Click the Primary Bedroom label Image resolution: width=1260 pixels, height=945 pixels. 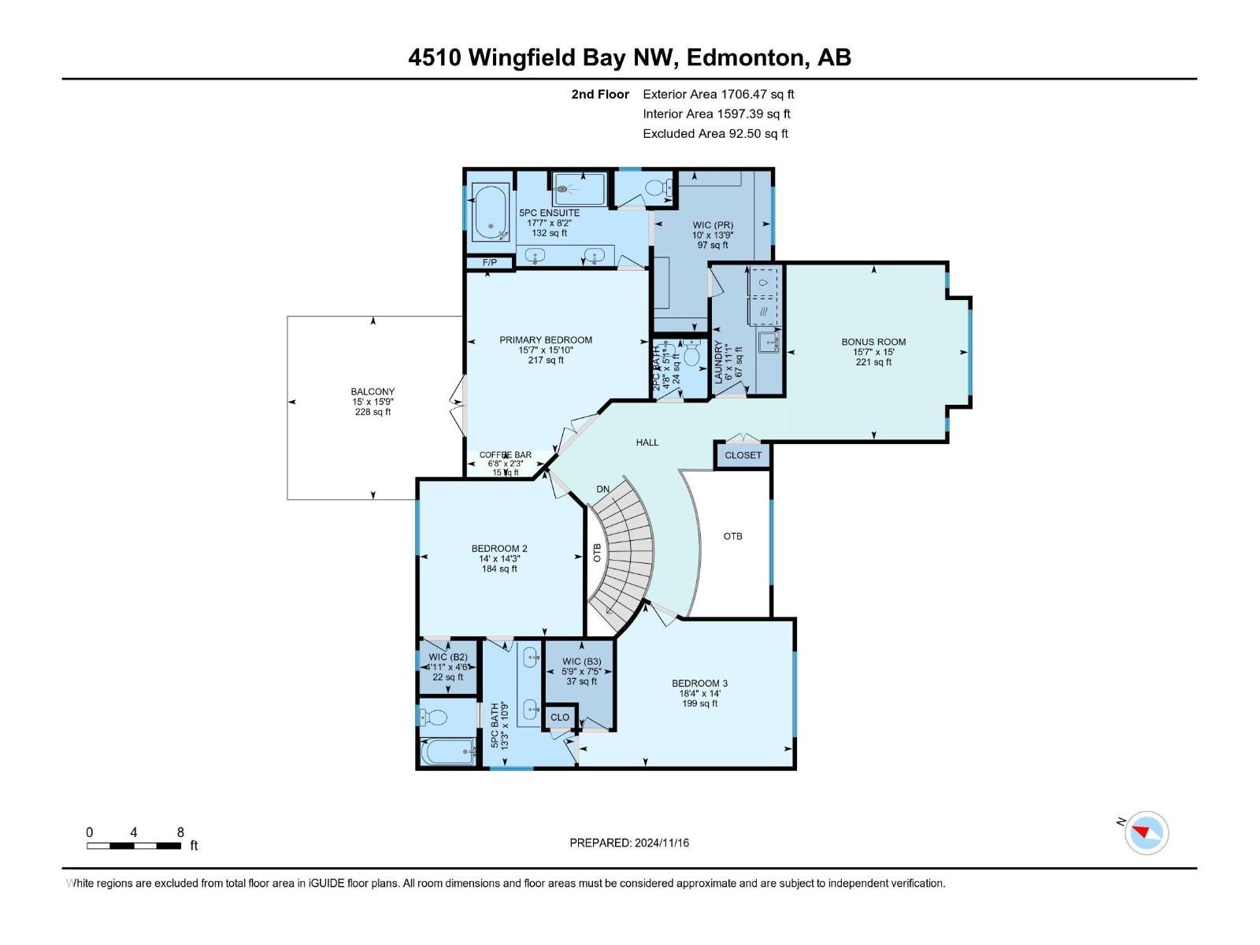tap(546, 340)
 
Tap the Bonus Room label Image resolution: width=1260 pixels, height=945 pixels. tap(873, 342)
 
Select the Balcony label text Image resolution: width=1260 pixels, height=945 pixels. tap(372, 391)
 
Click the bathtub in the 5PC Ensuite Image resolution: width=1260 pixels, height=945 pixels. tap(491, 213)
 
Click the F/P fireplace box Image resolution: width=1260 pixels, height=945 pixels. tap(489, 262)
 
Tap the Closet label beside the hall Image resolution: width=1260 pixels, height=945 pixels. tap(743, 455)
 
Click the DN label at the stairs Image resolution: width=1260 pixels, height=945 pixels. tap(602, 489)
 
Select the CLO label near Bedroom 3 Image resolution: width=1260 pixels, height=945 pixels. tap(559, 717)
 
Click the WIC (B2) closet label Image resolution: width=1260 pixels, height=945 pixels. tap(448, 657)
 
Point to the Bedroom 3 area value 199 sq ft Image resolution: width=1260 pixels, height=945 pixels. tap(699, 703)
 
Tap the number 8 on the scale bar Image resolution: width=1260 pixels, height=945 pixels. tap(180, 832)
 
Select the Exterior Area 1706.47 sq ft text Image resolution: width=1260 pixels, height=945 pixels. tap(718, 94)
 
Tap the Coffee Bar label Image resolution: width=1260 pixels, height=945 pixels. tap(506, 455)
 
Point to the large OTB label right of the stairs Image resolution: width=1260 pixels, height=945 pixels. tap(732, 536)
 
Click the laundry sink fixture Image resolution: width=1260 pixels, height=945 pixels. tap(768, 343)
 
